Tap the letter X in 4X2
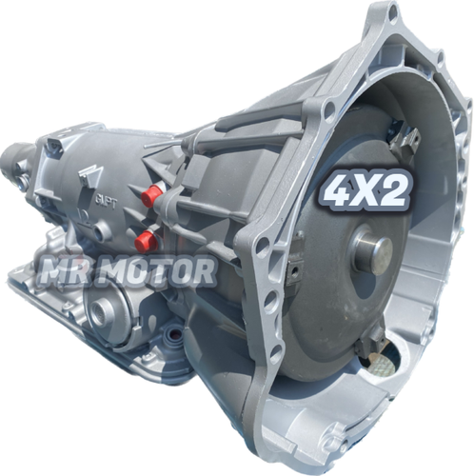click(368, 192)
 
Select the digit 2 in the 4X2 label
click(395, 192)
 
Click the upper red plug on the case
click(150, 196)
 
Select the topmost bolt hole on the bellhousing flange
click(385, 13)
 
